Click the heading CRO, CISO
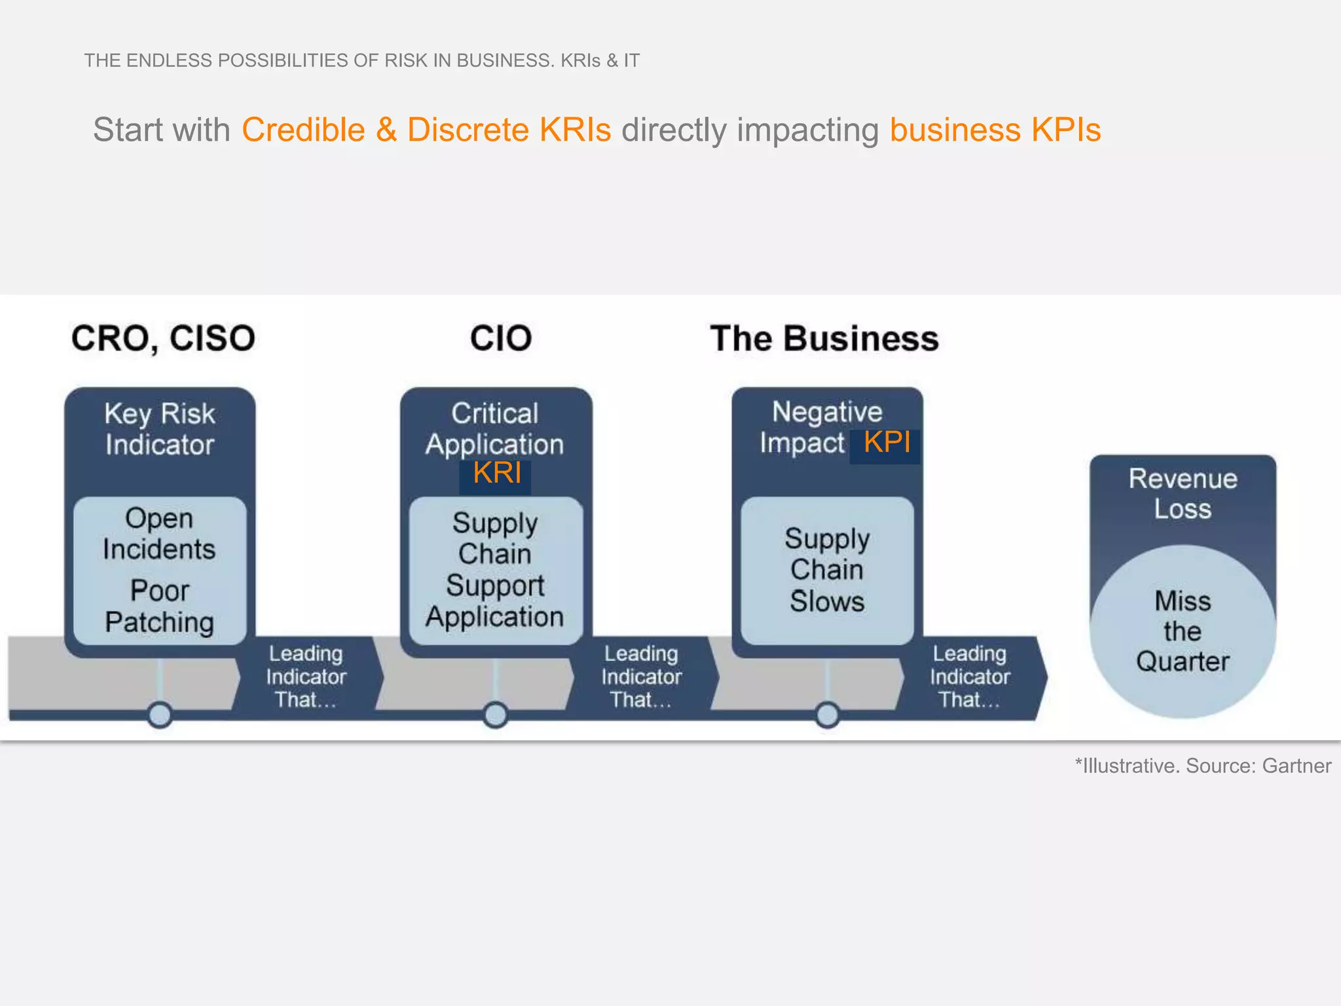click(x=163, y=339)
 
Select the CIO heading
click(x=501, y=339)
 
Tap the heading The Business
click(x=824, y=339)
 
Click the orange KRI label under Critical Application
click(x=497, y=473)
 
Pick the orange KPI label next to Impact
click(x=887, y=443)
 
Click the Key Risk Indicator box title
click(x=160, y=429)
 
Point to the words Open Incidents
click(x=159, y=533)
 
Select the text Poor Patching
click(x=160, y=606)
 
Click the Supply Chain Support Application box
click(x=496, y=570)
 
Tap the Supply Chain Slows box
click(x=827, y=570)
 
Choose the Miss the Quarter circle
click(x=1183, y=631)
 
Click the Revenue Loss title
click(x=1183, y=493)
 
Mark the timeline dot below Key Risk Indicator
click(x=160, y=715)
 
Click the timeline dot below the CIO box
click(x=496, y=715)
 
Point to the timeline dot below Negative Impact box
click(x=828, y=715)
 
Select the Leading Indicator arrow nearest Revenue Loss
click(x=970, y=677)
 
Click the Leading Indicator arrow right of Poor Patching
click(x=306, y=677)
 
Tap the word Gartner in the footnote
click(x=1296, y=766)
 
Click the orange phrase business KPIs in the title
click(x=995, y=130)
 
